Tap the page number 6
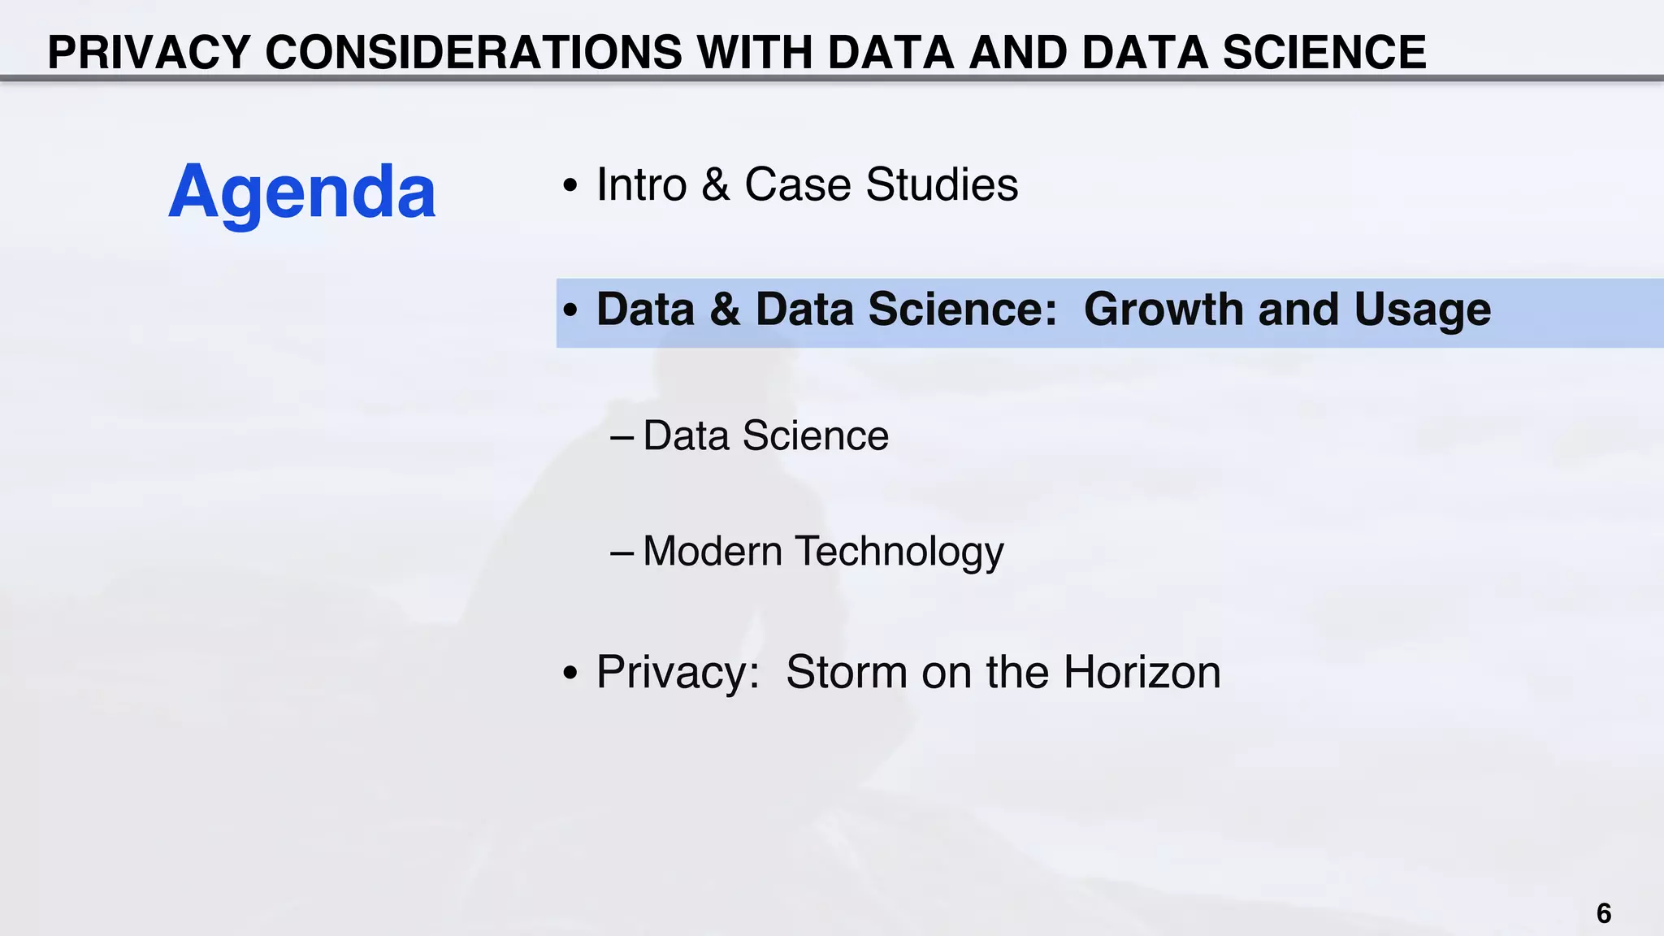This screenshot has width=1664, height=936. point(1603,913)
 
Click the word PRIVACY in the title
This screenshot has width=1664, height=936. point(149,53)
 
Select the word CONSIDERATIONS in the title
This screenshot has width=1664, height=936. point(474,53)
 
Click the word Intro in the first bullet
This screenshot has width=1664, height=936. point(642,184)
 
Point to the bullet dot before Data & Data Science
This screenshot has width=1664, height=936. point(570,310)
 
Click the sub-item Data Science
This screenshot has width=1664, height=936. point(765,435)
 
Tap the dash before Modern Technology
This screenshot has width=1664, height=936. point(622,552)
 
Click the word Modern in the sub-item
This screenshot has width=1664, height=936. point(713,551)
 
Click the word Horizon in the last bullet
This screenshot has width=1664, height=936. point(1142,672)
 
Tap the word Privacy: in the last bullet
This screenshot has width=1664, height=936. point(678,674)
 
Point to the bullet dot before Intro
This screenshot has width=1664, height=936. point(570,186)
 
